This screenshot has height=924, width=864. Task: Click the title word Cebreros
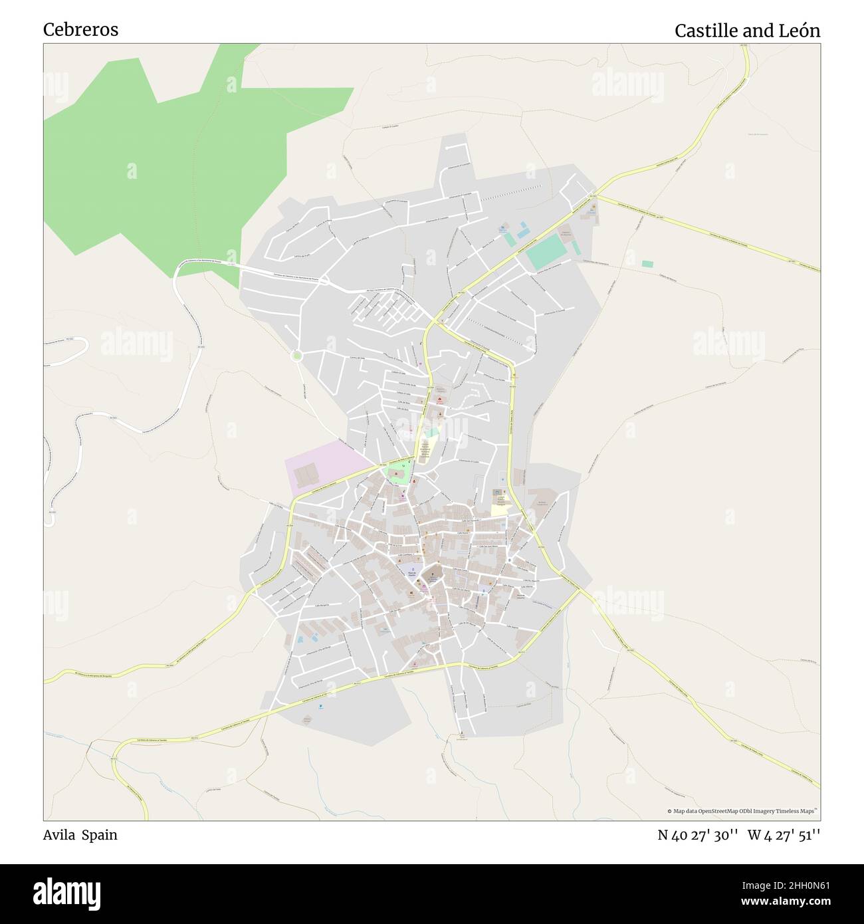point(80,30)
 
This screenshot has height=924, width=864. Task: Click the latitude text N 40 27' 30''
point(698,835)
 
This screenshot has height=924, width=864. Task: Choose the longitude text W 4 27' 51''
point(784,835)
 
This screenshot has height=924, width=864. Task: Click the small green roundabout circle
point(297,356)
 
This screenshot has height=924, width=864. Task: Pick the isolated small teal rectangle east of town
point(647,264)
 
